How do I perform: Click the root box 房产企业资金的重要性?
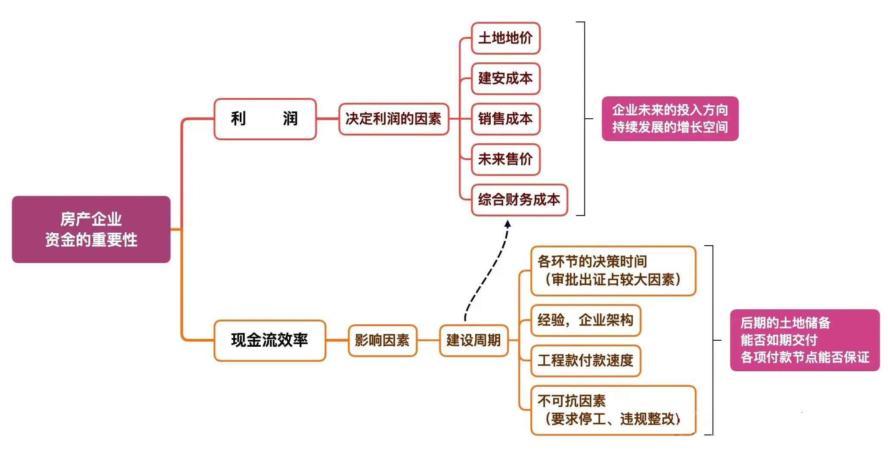[x=91, y=229]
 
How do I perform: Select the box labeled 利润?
[x=265, y=119]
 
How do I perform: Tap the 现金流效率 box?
[x=269, y=340]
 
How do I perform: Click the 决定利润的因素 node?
[x=393, y=119]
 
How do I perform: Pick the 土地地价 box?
[x=505, y=38]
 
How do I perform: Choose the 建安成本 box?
[x=505, y=79]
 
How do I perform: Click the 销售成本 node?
[x=505, y=119]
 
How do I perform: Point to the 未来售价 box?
[x=505, y=160]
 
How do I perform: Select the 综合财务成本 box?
[x=519, y=200]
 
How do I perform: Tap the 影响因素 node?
[x=382, y=340]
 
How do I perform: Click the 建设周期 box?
[x=473, y=340]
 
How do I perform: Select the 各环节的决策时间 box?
[x=613, y=271]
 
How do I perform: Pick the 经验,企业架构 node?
[x=585, y=320]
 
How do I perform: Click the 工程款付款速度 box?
[x=585, y=360]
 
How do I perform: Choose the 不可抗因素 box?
[x=613, y=410]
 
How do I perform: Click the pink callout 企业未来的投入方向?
[x=670, y=119]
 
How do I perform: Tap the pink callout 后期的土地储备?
[x=804, y=340]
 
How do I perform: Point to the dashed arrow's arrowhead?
[x=507, y=224]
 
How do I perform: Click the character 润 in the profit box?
[x=290, y=119]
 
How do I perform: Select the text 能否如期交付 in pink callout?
[x=779, y=340]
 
